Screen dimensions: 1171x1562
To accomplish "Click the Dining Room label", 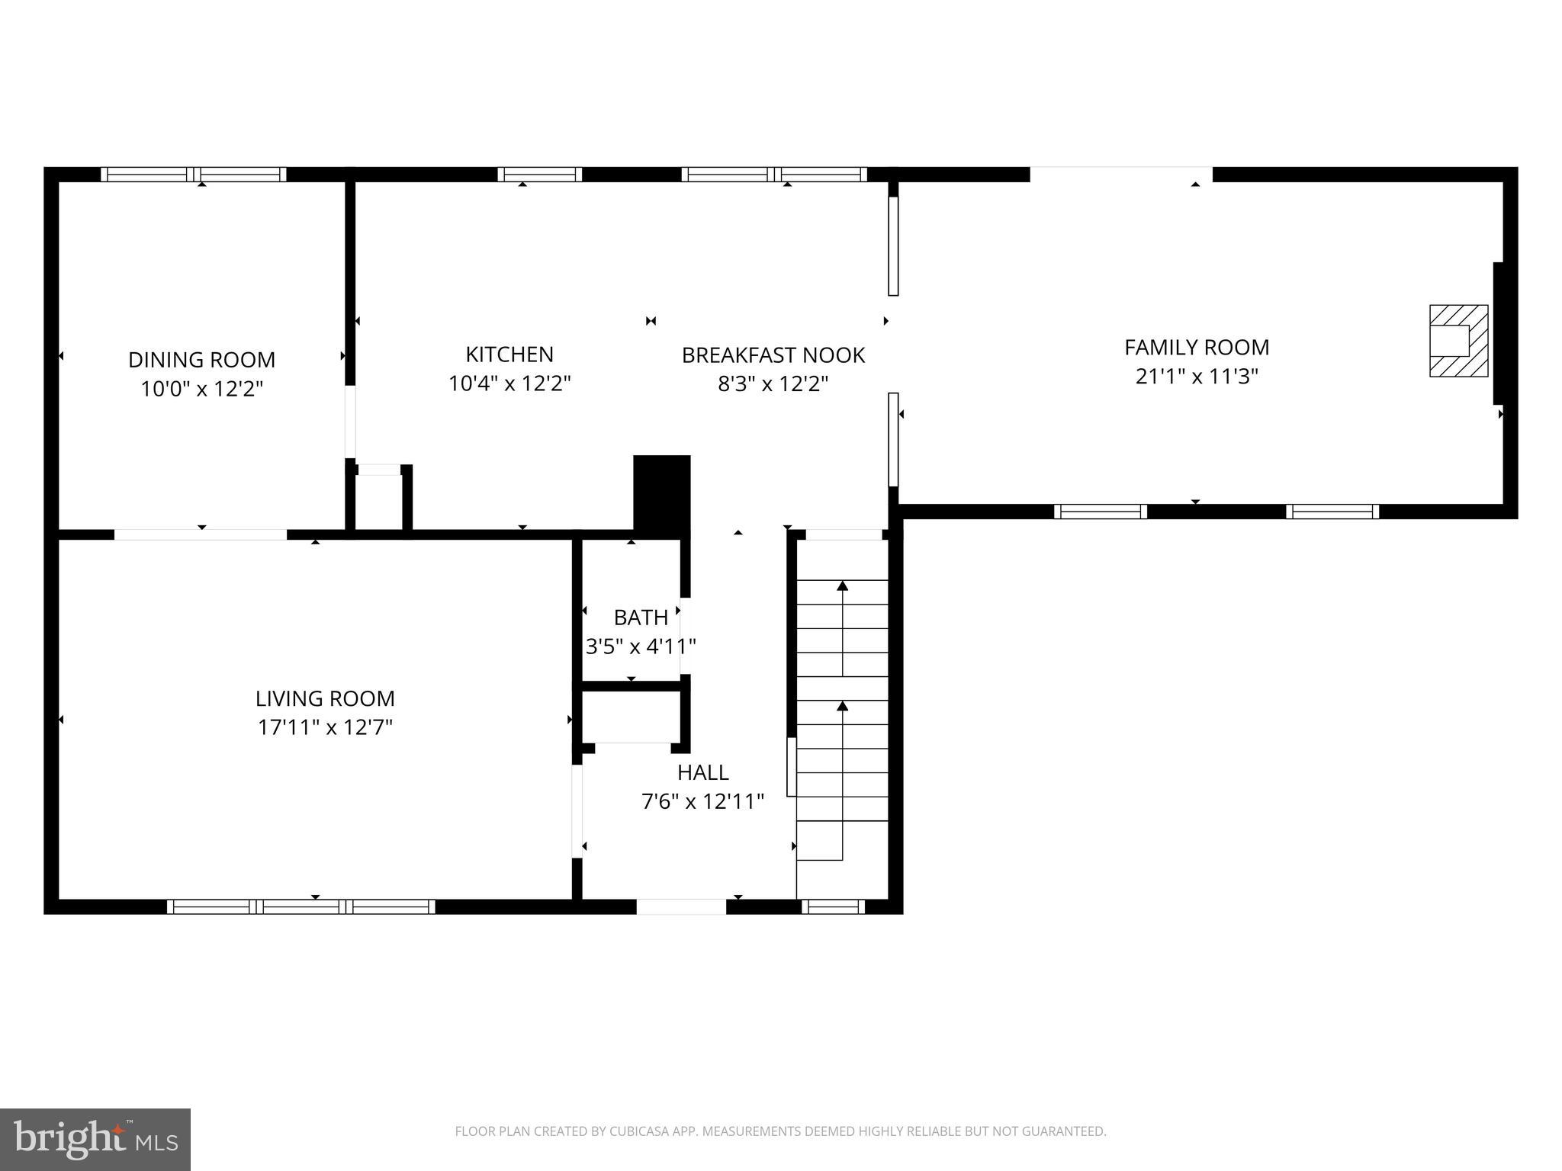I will (201, 359).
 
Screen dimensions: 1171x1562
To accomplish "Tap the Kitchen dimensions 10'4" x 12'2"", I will (509, 383).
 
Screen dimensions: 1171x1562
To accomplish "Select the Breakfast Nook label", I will (773, 355).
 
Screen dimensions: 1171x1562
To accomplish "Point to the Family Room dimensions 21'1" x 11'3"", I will (1196, 376).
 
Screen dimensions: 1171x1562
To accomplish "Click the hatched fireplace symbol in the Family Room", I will (1458, 341).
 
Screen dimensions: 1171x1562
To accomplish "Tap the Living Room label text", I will (325, 698).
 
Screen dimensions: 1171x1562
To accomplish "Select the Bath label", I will (641, 617).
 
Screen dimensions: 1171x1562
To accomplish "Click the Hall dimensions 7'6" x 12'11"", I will (702, 801).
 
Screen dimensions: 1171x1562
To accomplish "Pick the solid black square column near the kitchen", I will (662, 489).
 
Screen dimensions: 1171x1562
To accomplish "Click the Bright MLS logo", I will (95, 1139).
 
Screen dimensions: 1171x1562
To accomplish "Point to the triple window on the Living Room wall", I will (301, 906).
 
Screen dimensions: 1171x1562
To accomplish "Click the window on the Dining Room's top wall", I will (194, 174).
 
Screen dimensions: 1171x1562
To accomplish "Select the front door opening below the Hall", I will (681, 906).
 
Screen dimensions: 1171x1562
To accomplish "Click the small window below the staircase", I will (833, 906).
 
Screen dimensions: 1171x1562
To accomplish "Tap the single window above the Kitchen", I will (540, 174).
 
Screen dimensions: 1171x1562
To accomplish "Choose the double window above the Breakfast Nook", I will (774, 174).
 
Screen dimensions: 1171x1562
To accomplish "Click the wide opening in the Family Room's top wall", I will (1121, 174).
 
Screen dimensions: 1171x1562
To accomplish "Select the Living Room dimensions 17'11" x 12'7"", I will (325, 727).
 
